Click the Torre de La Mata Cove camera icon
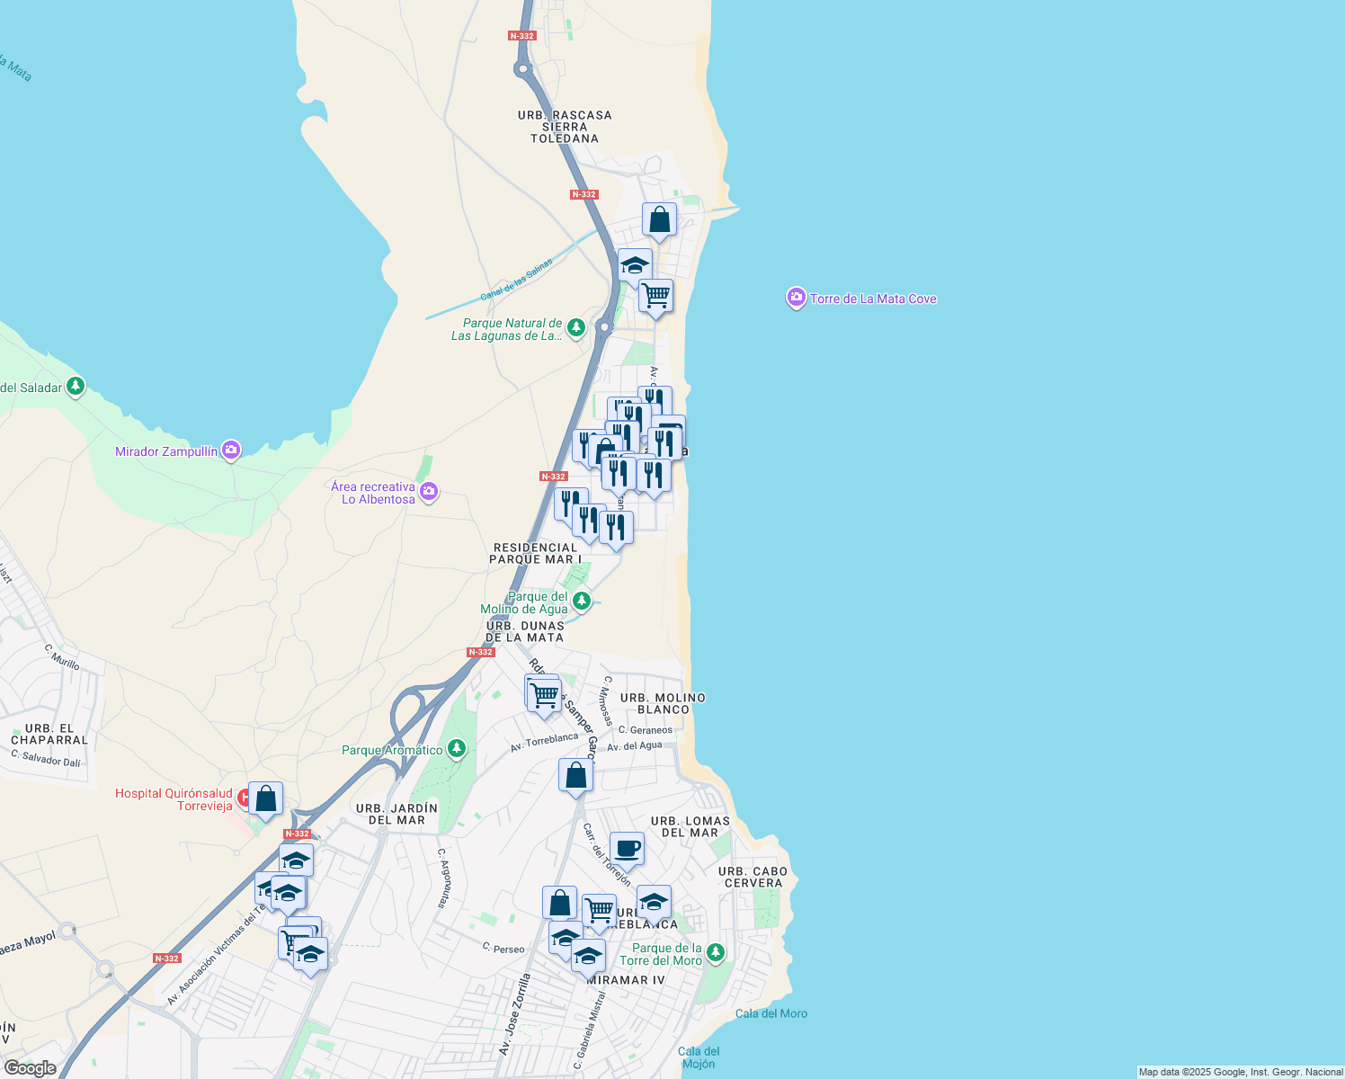(796, 298)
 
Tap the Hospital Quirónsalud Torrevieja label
(174, 799)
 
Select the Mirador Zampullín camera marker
(231, 450)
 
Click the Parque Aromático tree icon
(457, 748)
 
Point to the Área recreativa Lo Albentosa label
(373, 493)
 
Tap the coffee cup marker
(627, 848)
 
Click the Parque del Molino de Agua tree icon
(582, 601)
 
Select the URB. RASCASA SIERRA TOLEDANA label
(565, 127)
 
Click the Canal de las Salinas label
(516, 280)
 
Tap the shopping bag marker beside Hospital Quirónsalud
(265, 798)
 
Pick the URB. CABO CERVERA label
(753, 877)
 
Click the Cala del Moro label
(770, 1013)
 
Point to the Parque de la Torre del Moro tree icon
(715, 952)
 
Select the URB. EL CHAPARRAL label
(49, 735)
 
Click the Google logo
(30, 1067)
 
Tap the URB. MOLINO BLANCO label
(663, 703)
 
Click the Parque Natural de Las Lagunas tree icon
(575, 327)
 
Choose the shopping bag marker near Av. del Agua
(575, 775)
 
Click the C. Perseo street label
(503, 949)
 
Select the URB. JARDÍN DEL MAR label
(396, 814)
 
